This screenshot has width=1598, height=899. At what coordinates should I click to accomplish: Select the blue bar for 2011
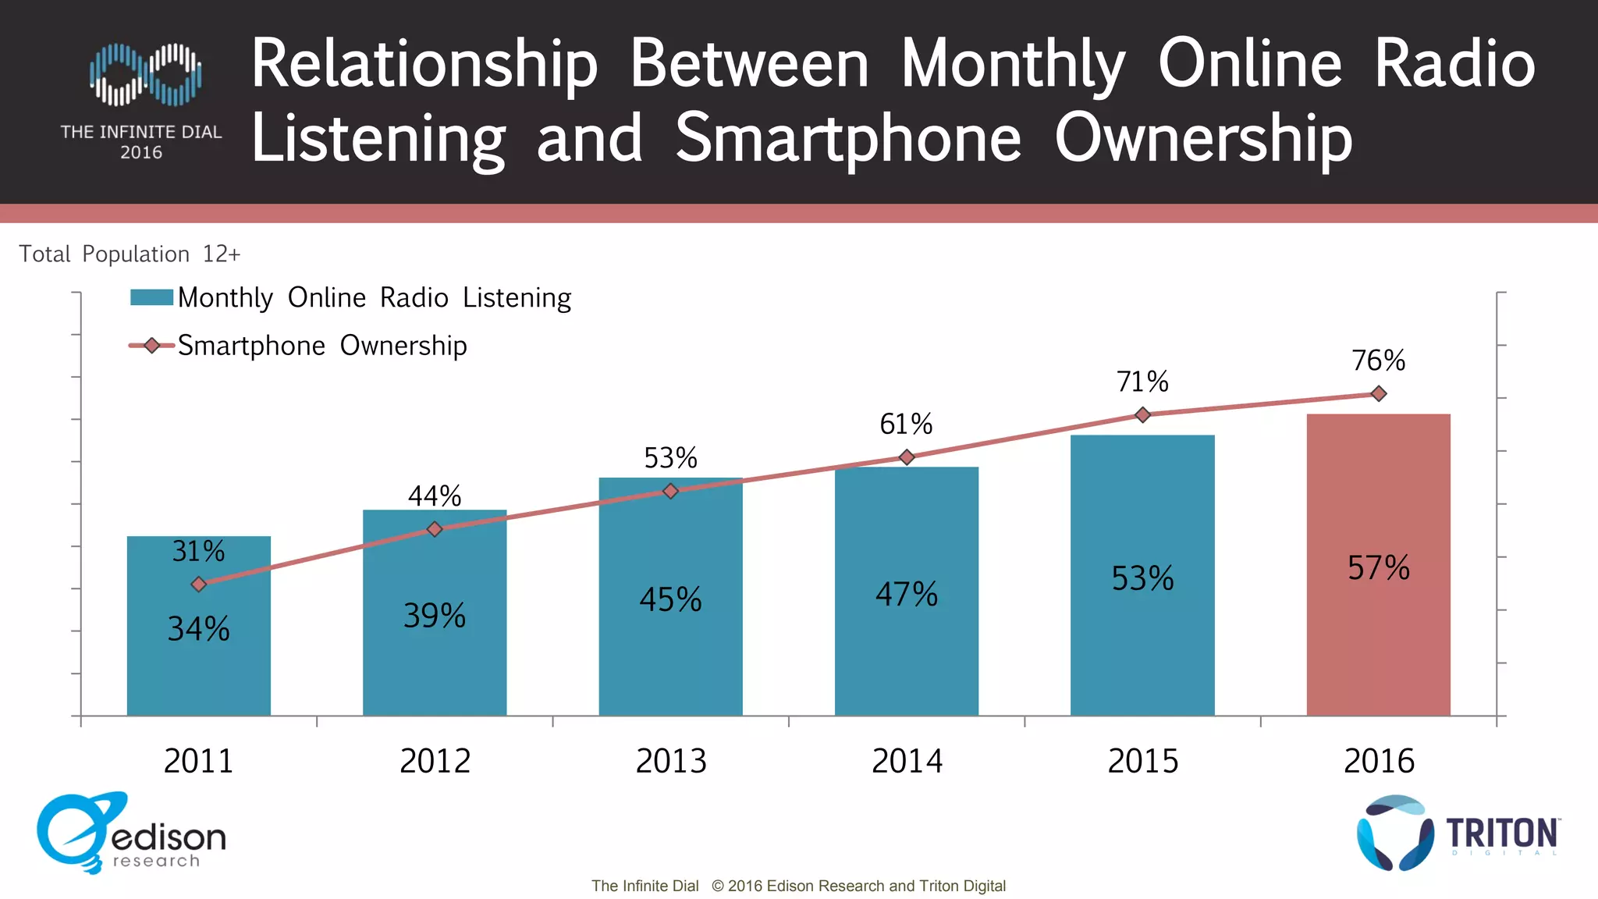pyautogui.click(x=198, y=671)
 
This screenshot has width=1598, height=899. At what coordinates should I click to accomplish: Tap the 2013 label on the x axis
pyautogui.click(x=671, y=761)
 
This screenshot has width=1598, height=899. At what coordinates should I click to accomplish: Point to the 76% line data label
pyautogui.click(x=1378, y=361)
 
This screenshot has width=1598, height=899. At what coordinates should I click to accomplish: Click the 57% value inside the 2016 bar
pyautogui.click(x=1378, y=567)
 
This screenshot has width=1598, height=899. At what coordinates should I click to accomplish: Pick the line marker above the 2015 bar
pyautogui.click(x=1142, y=414)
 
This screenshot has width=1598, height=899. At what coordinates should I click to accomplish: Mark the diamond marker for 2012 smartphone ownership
pyautogui.click(x=435, y=529)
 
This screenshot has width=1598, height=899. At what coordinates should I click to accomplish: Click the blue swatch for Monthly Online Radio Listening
pyautogui.click(x=151, y=297)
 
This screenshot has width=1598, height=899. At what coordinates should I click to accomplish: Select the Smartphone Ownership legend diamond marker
pyautogui.click(x=151, y=346)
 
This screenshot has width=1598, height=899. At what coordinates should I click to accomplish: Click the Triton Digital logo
pyautogui.click(x=1458, y=833)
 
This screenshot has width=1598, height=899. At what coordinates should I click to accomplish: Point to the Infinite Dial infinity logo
pyautogui.click(x=145, y=74)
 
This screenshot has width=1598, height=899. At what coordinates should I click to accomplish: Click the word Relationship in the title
pyautogui.click(x=424, y=64)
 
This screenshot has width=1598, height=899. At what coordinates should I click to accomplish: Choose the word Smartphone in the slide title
pyautogui.click(x=847, y=138)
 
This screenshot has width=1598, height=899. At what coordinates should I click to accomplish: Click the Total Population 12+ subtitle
pyautogui.click(x=130, y=254)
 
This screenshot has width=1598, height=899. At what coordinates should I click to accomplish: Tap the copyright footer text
pyautogui.click(x=798, y=886)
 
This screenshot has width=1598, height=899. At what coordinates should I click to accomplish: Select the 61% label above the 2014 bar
pyautogui.click(x=906, y=425)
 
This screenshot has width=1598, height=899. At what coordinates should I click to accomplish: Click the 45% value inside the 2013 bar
pyautogui.click(x=670, y=599)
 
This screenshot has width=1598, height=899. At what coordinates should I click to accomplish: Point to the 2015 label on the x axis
pyautogui.click(x=1142, y=761)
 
